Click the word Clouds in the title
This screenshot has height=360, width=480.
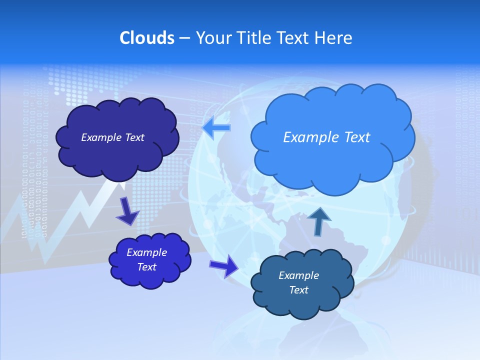pyautogui.click(x=146, y=38)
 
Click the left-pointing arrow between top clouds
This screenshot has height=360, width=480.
pyautogui.click(x=216, y=128)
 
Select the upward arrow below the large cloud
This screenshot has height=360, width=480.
pyautogui.click(x=319, y=220)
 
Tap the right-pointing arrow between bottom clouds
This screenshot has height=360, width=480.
pyautogui.click(x=224, y=265)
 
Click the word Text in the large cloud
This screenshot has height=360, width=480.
pyautogui.click(x=353, y=137)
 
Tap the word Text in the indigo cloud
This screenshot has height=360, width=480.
pyautogui.click(x=147, y=267)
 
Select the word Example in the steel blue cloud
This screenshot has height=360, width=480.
pyautogui.click(x=298, y=275)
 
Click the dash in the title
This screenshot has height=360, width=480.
pyautogui.click(x=184, y=38)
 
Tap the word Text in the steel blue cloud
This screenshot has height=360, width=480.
pyautogui.click(x=298, y=290)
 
